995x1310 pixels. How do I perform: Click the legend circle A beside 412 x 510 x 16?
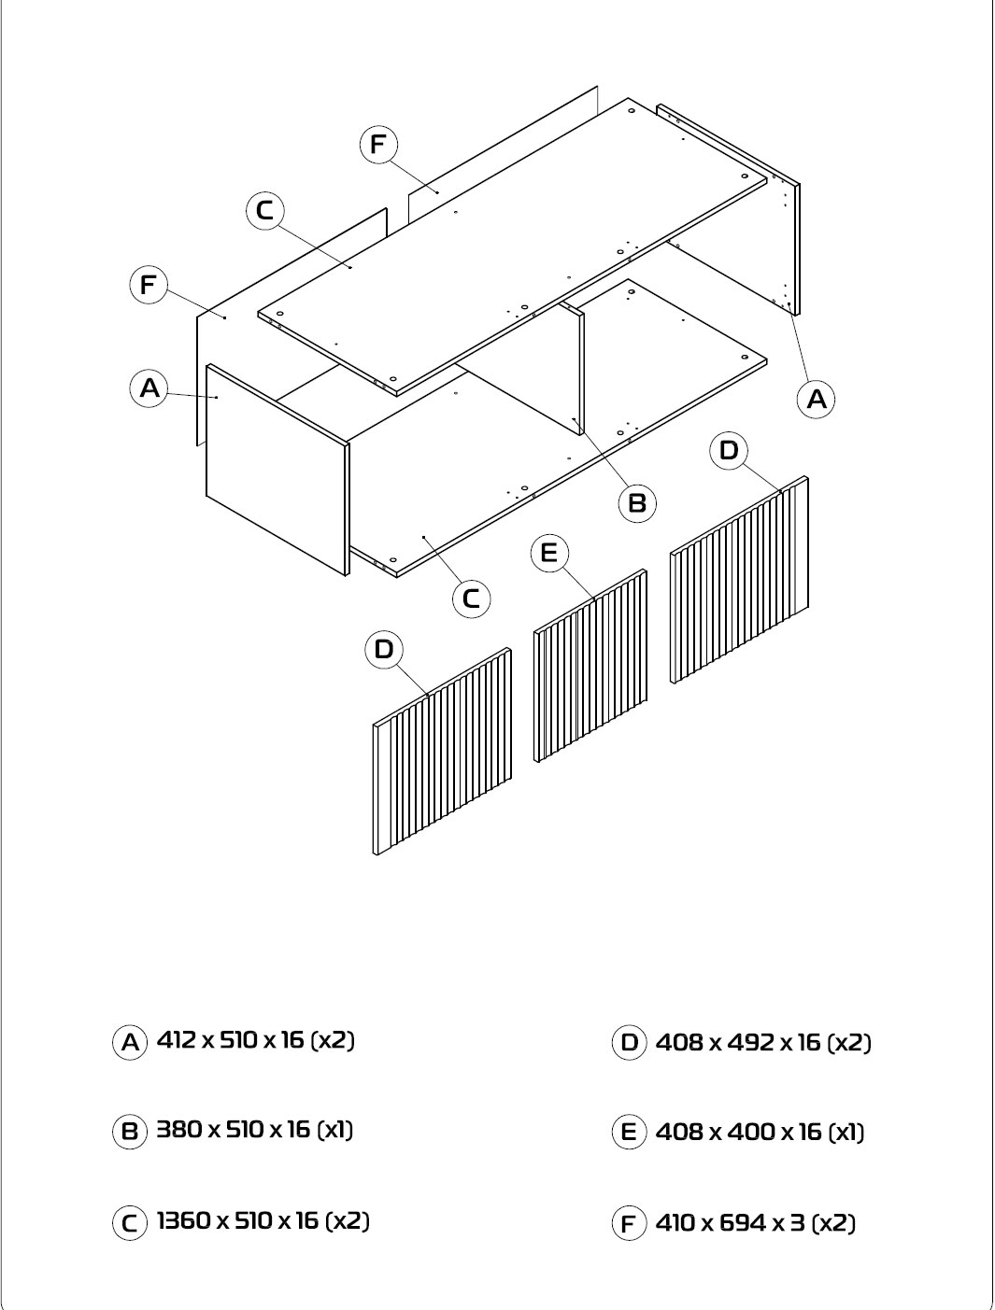coord(130,1043)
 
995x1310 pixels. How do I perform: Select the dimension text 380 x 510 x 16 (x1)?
coord(254,1130)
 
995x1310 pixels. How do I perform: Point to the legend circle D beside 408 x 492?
coord(629,1043)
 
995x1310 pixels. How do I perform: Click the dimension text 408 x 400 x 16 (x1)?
coord(760,1133)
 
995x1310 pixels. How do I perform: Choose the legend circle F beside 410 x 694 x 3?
coord(629,1223)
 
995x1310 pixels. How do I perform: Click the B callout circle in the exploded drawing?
coord(637,503)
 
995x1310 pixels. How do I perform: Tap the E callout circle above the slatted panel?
coord(549,554)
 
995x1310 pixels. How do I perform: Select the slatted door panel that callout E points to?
coord(590,666)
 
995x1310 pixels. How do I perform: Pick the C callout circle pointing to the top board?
coord(265,211)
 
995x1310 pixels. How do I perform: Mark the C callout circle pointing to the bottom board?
coord(472,599)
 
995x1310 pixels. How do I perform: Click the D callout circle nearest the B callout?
coord(729,451)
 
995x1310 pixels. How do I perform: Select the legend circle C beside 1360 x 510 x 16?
coord(130,1223)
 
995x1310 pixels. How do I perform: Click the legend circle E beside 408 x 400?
coord(629,1132)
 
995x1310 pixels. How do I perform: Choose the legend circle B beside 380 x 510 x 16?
coord(130,1132)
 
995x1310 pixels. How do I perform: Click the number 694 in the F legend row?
coord(743,1223)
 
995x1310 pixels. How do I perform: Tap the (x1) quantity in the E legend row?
coord(846,1133)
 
